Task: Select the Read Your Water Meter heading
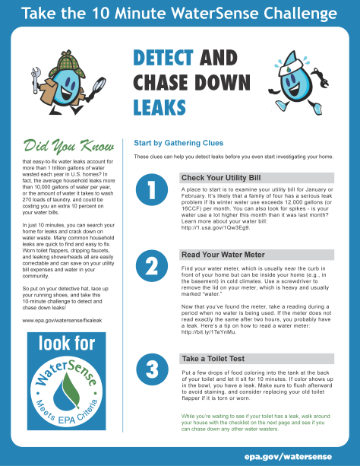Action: [x=222, y=255]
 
